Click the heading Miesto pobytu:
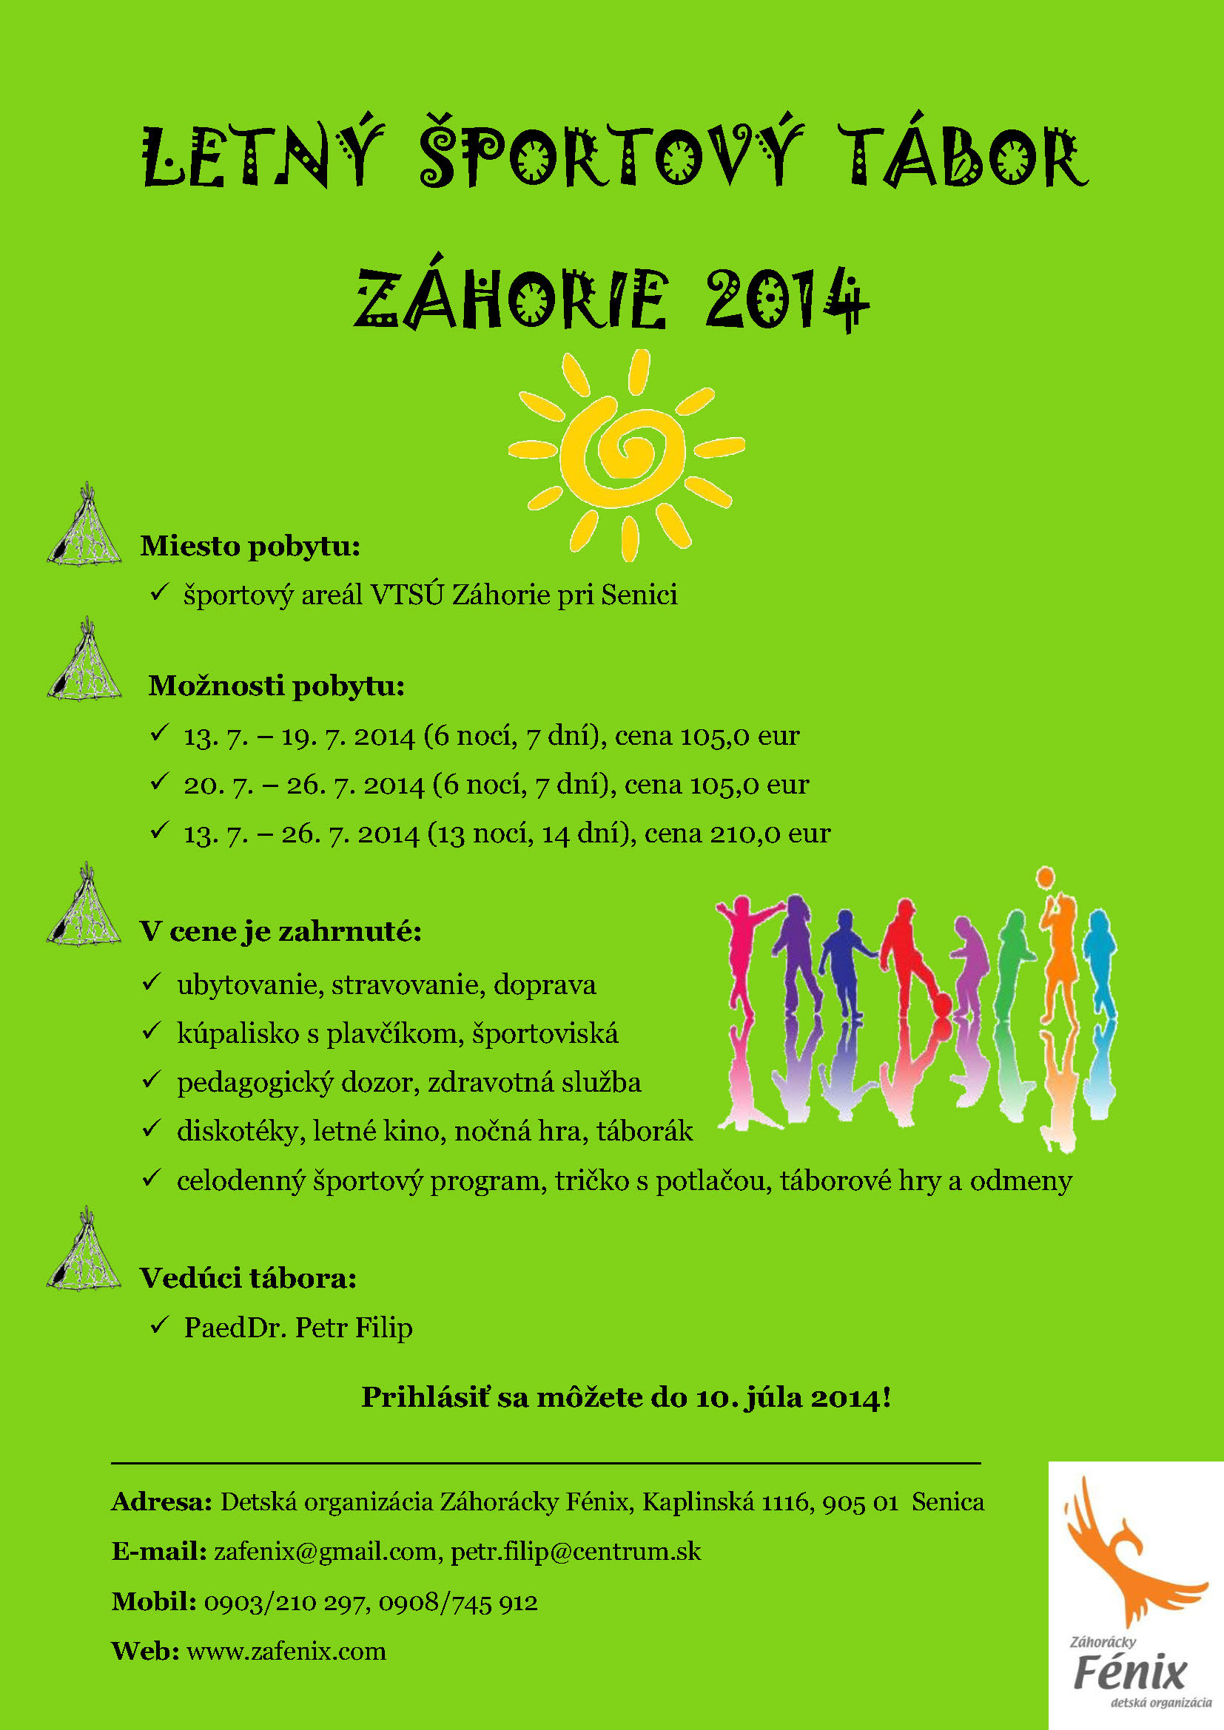pos(250,547)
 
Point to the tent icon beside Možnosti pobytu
pos(84,659)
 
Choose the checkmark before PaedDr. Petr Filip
pos(159,1325)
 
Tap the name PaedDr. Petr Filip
pos(297,1327)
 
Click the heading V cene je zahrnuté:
pos(280,931)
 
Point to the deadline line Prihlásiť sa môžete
pos(625,1398)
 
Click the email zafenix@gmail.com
pos(326,1552)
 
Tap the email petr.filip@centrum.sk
pos(576,1552)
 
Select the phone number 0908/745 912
pos(458,1601)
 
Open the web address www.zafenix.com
pos(286,1651)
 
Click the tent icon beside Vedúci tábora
pos(84,1251)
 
